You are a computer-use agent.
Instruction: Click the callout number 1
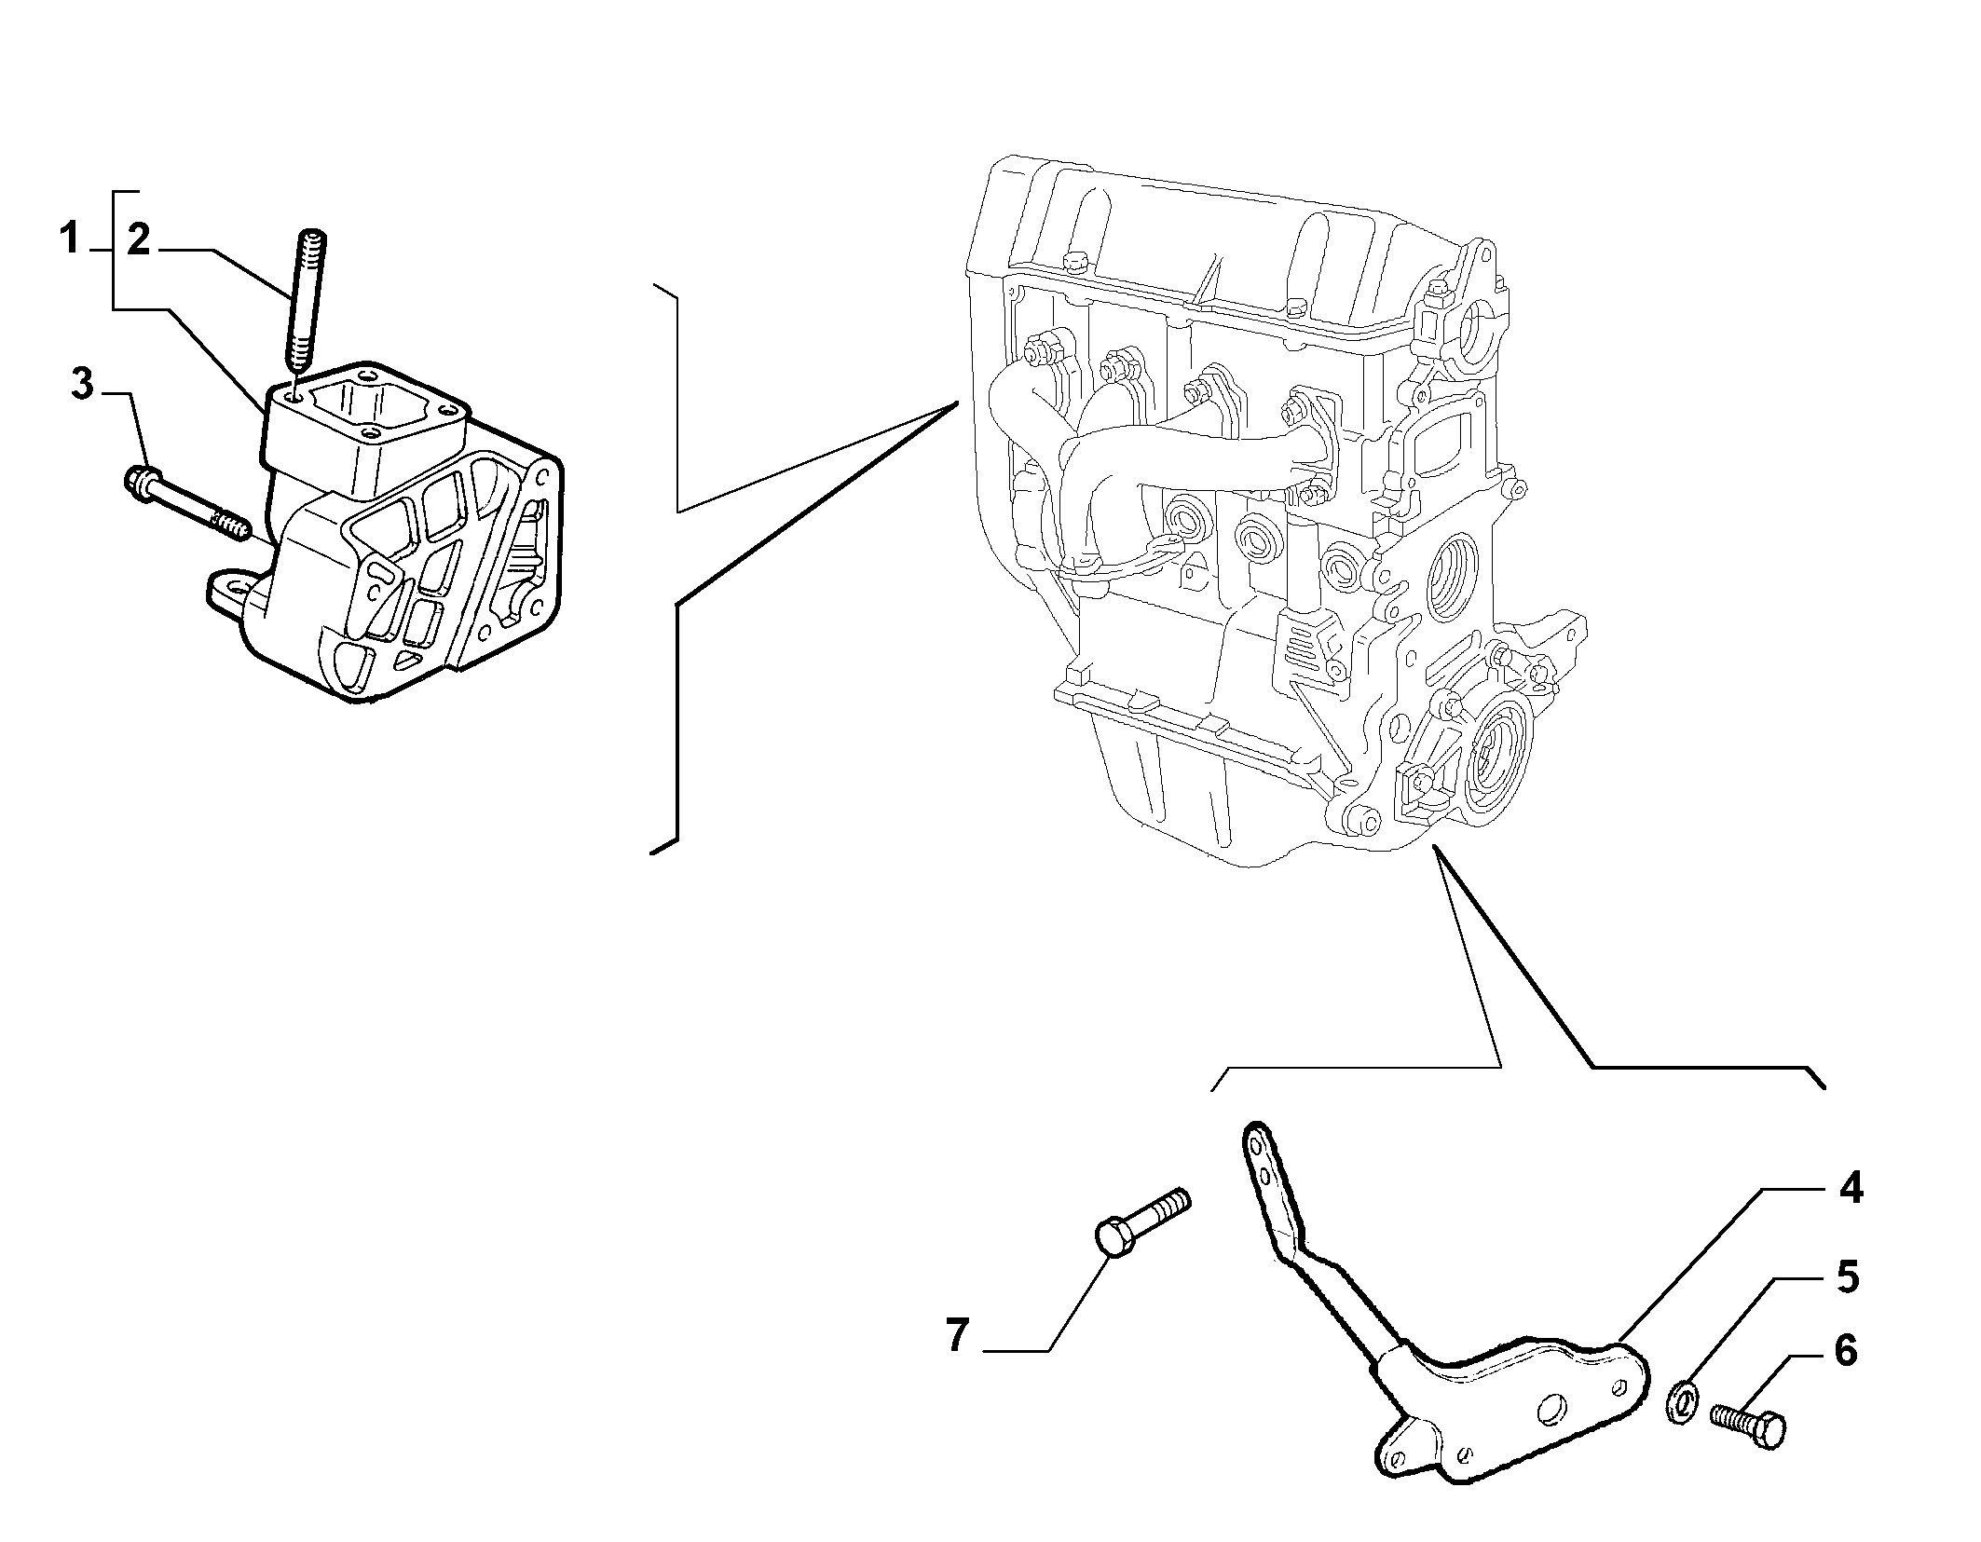(x=69, y=239)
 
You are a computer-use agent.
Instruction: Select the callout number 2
(x=138, y=239)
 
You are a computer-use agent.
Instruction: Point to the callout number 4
(x=1850, y=1188)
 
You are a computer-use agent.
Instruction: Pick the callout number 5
(x=1847, y=1276)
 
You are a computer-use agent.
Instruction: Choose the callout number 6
(x=1845, y=1350)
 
